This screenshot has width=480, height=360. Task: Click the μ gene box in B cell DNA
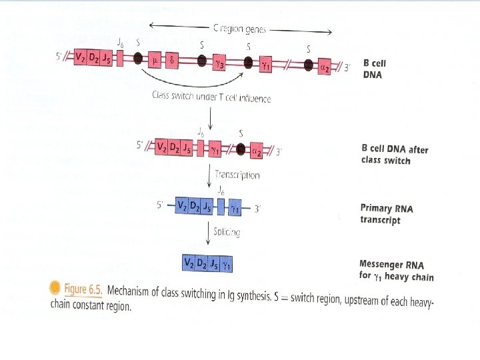coord(155,59)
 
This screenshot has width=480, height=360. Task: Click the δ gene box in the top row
coord(172,60)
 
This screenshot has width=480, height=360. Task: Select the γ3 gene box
coord(219,62)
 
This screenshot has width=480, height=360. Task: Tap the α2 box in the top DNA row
coord(325,66)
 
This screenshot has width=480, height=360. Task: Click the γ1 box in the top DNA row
coord(266,64)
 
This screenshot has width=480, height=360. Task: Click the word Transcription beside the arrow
coord(237,175)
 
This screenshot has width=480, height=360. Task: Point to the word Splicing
coord(227,233)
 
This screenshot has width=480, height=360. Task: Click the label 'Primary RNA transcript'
coord(387,214)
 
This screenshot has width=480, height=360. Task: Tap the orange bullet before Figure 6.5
coord(56,288)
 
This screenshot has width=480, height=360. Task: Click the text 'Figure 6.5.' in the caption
coord(83,289)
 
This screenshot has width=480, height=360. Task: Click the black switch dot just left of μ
coord(139,58)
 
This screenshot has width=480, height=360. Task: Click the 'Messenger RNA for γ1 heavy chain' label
coord(396,271)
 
